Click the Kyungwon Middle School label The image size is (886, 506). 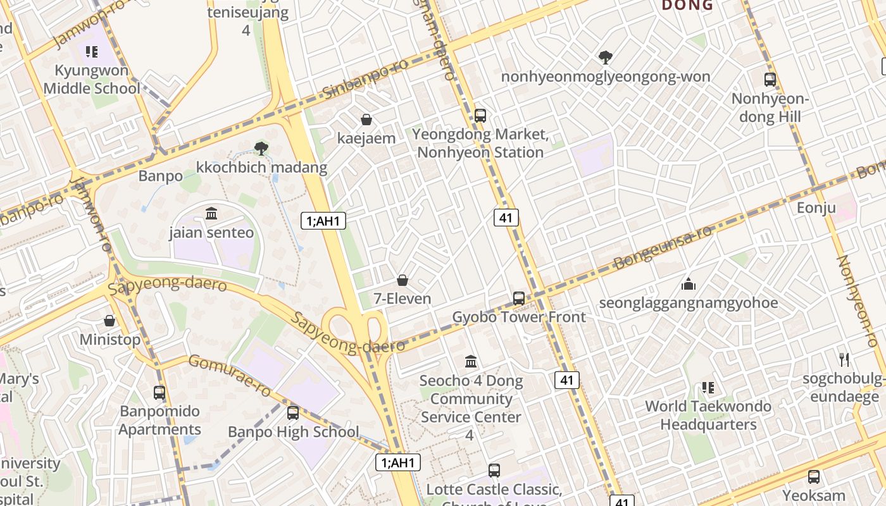point(92,79)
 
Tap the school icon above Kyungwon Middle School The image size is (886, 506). point(92,52)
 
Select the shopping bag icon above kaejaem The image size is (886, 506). point(366,120)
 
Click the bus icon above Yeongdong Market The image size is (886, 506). point(480,115)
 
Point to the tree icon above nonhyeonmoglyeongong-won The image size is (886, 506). point(606,58)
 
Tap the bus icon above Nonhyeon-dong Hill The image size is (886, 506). point(770,80)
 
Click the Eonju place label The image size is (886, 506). point(816,208)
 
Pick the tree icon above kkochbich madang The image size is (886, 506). point(261,149)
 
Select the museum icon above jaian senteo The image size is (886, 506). point(211,214)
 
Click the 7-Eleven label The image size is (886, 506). point(402,299)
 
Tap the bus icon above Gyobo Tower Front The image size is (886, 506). point(519,298)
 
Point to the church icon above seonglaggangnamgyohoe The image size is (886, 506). point(689,284)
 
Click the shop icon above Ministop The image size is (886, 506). point(109,321)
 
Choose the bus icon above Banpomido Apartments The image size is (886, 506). point(159,392)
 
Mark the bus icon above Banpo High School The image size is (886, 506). point(293,413)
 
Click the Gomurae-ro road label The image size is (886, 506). point(230,376)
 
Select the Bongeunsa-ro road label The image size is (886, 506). point(663,247)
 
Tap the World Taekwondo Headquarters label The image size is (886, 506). point(708,415)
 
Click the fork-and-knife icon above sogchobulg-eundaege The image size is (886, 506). point(844,359)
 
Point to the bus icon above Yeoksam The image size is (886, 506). point(814,477)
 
